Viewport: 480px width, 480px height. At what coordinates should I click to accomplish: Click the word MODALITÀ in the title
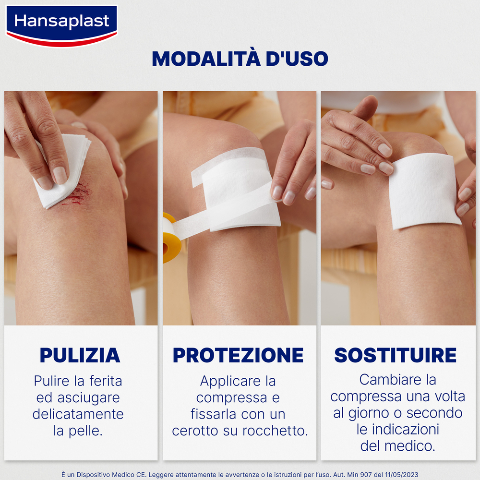coord(205,59)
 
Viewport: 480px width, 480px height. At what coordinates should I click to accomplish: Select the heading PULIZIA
coord(80,355)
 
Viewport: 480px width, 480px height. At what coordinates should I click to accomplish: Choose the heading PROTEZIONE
coord(239,355)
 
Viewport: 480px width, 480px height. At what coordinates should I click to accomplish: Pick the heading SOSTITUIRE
coord(396,355)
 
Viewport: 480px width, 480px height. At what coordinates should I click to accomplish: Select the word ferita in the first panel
coord(106,382)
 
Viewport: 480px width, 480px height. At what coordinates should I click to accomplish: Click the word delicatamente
coord(78,414)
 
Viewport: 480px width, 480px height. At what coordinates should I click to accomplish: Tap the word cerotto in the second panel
coord(195,431)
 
